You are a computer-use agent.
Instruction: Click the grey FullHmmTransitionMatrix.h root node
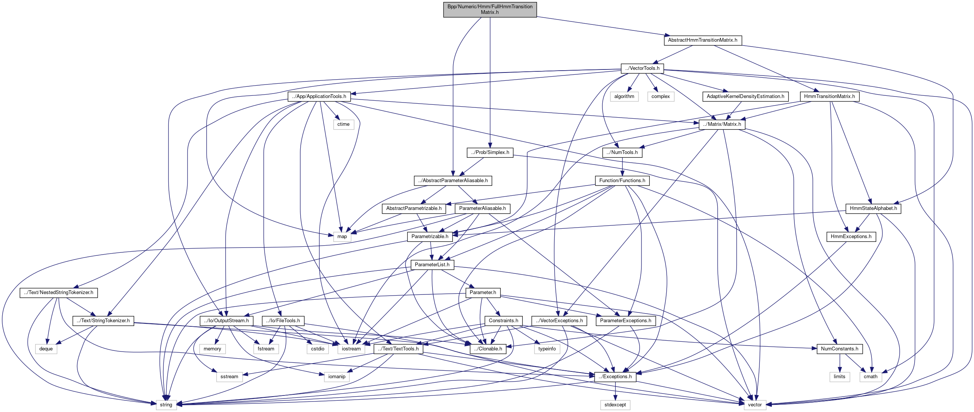490,9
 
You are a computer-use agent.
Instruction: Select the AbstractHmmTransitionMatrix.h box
702,40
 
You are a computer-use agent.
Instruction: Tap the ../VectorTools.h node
642,68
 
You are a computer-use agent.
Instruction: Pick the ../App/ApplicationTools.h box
319,97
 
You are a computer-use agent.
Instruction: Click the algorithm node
624,97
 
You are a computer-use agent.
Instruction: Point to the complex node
660,97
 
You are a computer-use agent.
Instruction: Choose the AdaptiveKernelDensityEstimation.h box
745,97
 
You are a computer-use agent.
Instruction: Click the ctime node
343,124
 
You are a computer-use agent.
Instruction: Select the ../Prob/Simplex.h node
490,152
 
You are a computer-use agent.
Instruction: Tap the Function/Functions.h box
622,181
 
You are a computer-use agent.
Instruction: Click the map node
342,237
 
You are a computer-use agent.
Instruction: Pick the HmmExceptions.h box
851,237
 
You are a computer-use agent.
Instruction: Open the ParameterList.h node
432,264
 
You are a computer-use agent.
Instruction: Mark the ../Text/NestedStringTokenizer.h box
59,293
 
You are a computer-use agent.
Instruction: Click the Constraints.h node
503,320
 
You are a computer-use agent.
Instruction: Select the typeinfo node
547,349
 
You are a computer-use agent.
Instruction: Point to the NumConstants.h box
839,349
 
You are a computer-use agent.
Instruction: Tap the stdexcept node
615,405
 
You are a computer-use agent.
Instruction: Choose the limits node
839,377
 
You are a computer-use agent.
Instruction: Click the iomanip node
337,377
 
